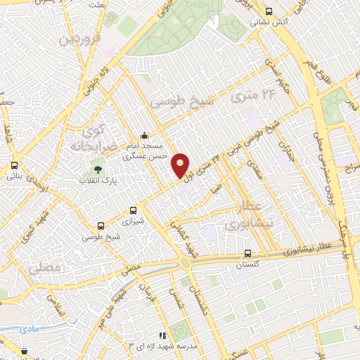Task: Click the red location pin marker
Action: tap(180, 165)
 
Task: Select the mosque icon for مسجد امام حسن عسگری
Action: tap(144, 135)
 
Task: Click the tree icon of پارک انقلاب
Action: tap(98, 169)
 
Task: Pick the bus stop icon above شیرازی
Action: tap(134, 210)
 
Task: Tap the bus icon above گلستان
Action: tap(247, 254)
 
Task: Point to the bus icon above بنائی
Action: tap(13, 166)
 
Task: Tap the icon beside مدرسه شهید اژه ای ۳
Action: tap(162, 336)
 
